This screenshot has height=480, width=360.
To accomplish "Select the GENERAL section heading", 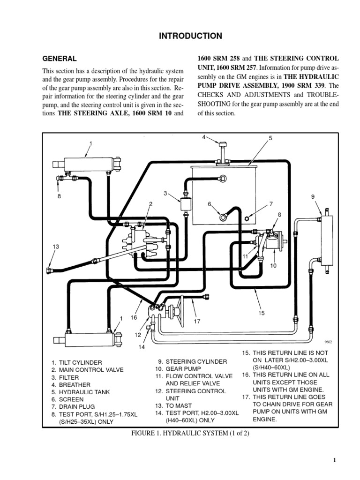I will (x=60, y=59).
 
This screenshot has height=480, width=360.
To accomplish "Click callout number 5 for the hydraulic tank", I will (x=270, y=138).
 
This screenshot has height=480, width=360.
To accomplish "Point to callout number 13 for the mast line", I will (x=56, y=247).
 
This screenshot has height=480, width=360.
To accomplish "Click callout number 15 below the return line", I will (x=262, y=313).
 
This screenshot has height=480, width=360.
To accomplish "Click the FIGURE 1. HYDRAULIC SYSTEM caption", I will (x=190, y=433).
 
